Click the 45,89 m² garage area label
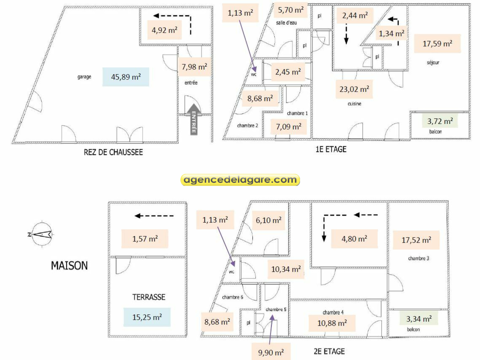tap(126, 77)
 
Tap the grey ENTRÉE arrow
tap(194, 119)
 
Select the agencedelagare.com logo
tap(240, 180)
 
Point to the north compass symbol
tap(42, 234)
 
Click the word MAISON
tap(69, 265)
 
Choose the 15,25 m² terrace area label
tap(147, 317)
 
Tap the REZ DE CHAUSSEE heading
tap(113, 152)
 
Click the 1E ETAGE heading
tap(331, 149)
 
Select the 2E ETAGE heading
tap(329, 351)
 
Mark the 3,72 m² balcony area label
tap(440, 121)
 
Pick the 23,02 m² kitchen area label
tap(354, 89)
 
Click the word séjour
tap(433, 62)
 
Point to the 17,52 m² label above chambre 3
tap(416, 240)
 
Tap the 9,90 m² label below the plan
tap(271, 352)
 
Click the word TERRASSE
tap(149, 297)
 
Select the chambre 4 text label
tap(333, 312)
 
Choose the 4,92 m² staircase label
tap(164, 30)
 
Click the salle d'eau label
tap(286, 23)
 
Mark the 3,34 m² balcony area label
tap(419, 319)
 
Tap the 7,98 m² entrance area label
tap(194, 67)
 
